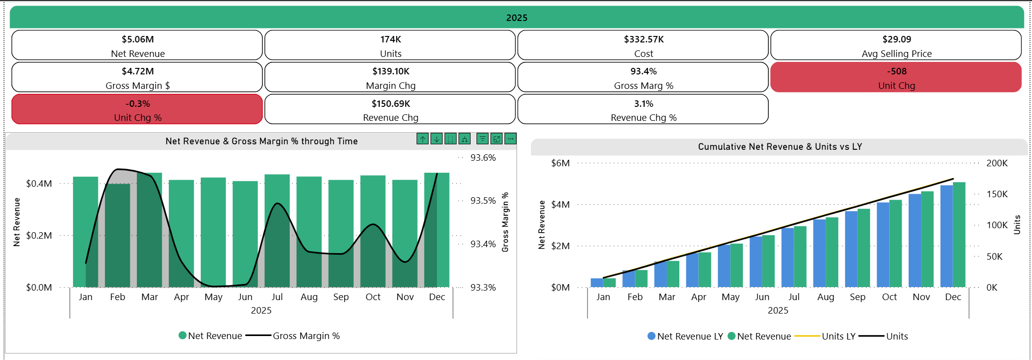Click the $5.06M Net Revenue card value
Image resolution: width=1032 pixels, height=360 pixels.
pyautogui.click(x=137, y=39)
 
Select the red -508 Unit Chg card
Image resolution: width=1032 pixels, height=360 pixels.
pyautogui.click(x=896, y=77)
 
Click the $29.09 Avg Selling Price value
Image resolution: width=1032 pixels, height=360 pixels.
pyautogui.click(x=896, y=39)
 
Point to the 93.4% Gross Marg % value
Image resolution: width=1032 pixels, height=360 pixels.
pyautogui.click(x=643, y=71)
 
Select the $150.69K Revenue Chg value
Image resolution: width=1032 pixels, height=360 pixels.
pyautogui.click(x=390, y=104)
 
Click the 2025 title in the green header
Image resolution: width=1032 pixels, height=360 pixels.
pyautogui.click(x=516, y=18)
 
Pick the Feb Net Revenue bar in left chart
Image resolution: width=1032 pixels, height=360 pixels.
pyautogui.click(x=117, y=235)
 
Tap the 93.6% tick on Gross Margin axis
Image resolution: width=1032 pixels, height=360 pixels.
pyautogui.click(x=483, y=158)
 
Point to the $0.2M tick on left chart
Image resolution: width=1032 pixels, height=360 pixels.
pyautogui.click(x=39, y=236)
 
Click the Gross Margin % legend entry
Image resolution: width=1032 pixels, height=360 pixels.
pyautogui.click(x=306, y=336)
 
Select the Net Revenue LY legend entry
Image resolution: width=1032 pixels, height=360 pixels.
pyautogui.click(x=689, y=337)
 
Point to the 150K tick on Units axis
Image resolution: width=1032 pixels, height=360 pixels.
pyautogui.click(x=997, y=194)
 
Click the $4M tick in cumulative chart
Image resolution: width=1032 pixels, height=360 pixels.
pyautogui.click(x=560, y=205)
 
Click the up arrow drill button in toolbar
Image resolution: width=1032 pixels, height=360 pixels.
pyautogui.click(x=423, y=139)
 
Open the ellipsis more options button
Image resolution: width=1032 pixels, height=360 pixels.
pyautogui.click(x=510, y=139)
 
